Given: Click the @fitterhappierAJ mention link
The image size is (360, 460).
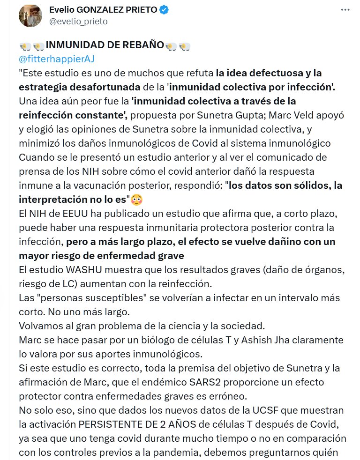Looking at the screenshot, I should (57, 59).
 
